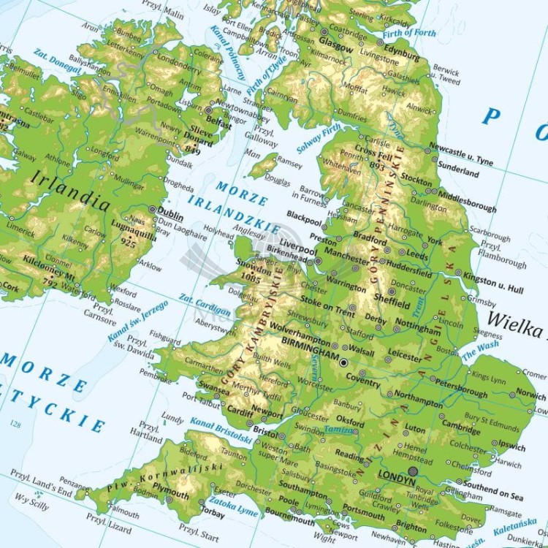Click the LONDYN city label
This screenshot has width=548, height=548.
[396, 484]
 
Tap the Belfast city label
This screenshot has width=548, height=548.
[218, 124]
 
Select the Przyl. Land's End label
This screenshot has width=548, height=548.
[45, 490]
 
